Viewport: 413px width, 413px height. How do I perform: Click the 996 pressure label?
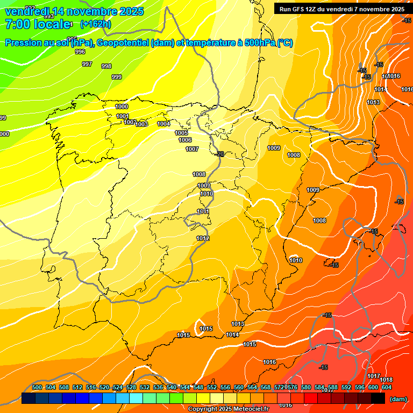[x=80, y=52]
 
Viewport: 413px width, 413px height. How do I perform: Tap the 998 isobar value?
[x=106, y=66]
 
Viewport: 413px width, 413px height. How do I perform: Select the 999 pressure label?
[x=117, y=77]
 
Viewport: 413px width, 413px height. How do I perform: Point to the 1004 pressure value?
[x=164, y=124]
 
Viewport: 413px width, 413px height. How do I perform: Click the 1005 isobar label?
[x=181, y=133]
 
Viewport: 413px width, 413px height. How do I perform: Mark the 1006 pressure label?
[x=185, y=140]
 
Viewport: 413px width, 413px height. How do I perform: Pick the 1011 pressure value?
[x=203, y=212]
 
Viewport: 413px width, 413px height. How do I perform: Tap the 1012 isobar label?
[x=203, y=238]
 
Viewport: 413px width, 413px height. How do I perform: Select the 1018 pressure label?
[x=386, y=380]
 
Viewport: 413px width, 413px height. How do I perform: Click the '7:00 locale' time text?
[x=38, y=24]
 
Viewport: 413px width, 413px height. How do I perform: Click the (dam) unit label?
[x=398, y=398]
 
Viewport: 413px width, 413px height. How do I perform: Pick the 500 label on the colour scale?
[x=37, y=387]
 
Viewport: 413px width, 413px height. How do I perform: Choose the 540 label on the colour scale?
[x=172, y=387]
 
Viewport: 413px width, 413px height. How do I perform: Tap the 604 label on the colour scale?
[x=386, y=387]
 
